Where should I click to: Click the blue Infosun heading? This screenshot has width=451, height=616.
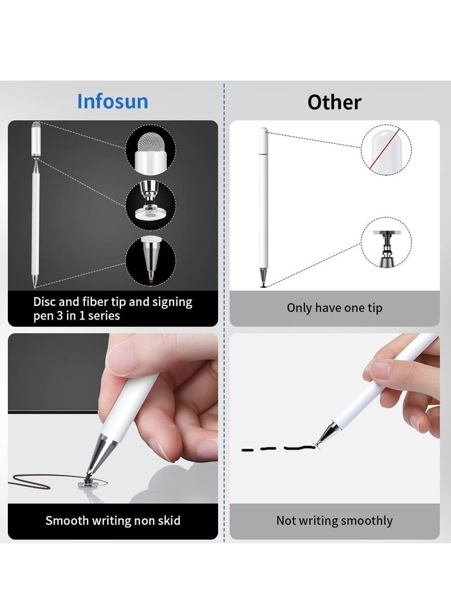coord(113,102)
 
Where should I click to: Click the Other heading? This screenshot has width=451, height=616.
coord(334,102)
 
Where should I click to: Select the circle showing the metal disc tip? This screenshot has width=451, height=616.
coord(150,205)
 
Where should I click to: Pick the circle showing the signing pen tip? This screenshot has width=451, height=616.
coord(150,260)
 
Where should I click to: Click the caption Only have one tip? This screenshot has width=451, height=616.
coord(334,308)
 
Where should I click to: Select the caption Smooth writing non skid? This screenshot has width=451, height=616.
coord(113,520)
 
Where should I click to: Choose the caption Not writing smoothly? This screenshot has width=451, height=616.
coord(334,520)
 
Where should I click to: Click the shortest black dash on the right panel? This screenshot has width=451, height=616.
coord(247,449)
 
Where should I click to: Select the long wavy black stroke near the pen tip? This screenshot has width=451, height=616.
coord(299,448)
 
